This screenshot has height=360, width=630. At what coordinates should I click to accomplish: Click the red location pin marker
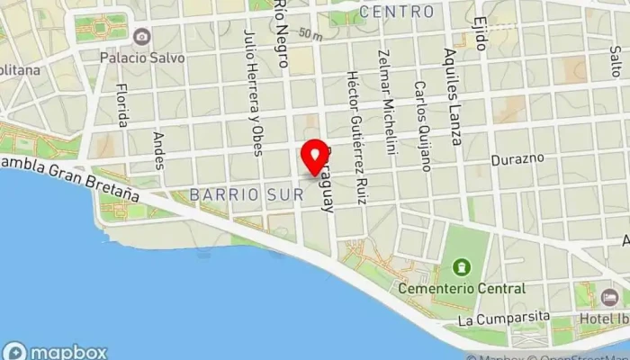314,157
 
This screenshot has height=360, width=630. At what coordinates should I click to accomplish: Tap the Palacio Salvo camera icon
141,37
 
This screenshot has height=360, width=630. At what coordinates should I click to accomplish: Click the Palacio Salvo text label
142,58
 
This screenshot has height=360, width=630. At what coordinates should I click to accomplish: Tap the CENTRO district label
396,13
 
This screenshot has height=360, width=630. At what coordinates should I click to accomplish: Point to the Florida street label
122,105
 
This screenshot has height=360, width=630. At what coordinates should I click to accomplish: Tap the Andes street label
159,145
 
